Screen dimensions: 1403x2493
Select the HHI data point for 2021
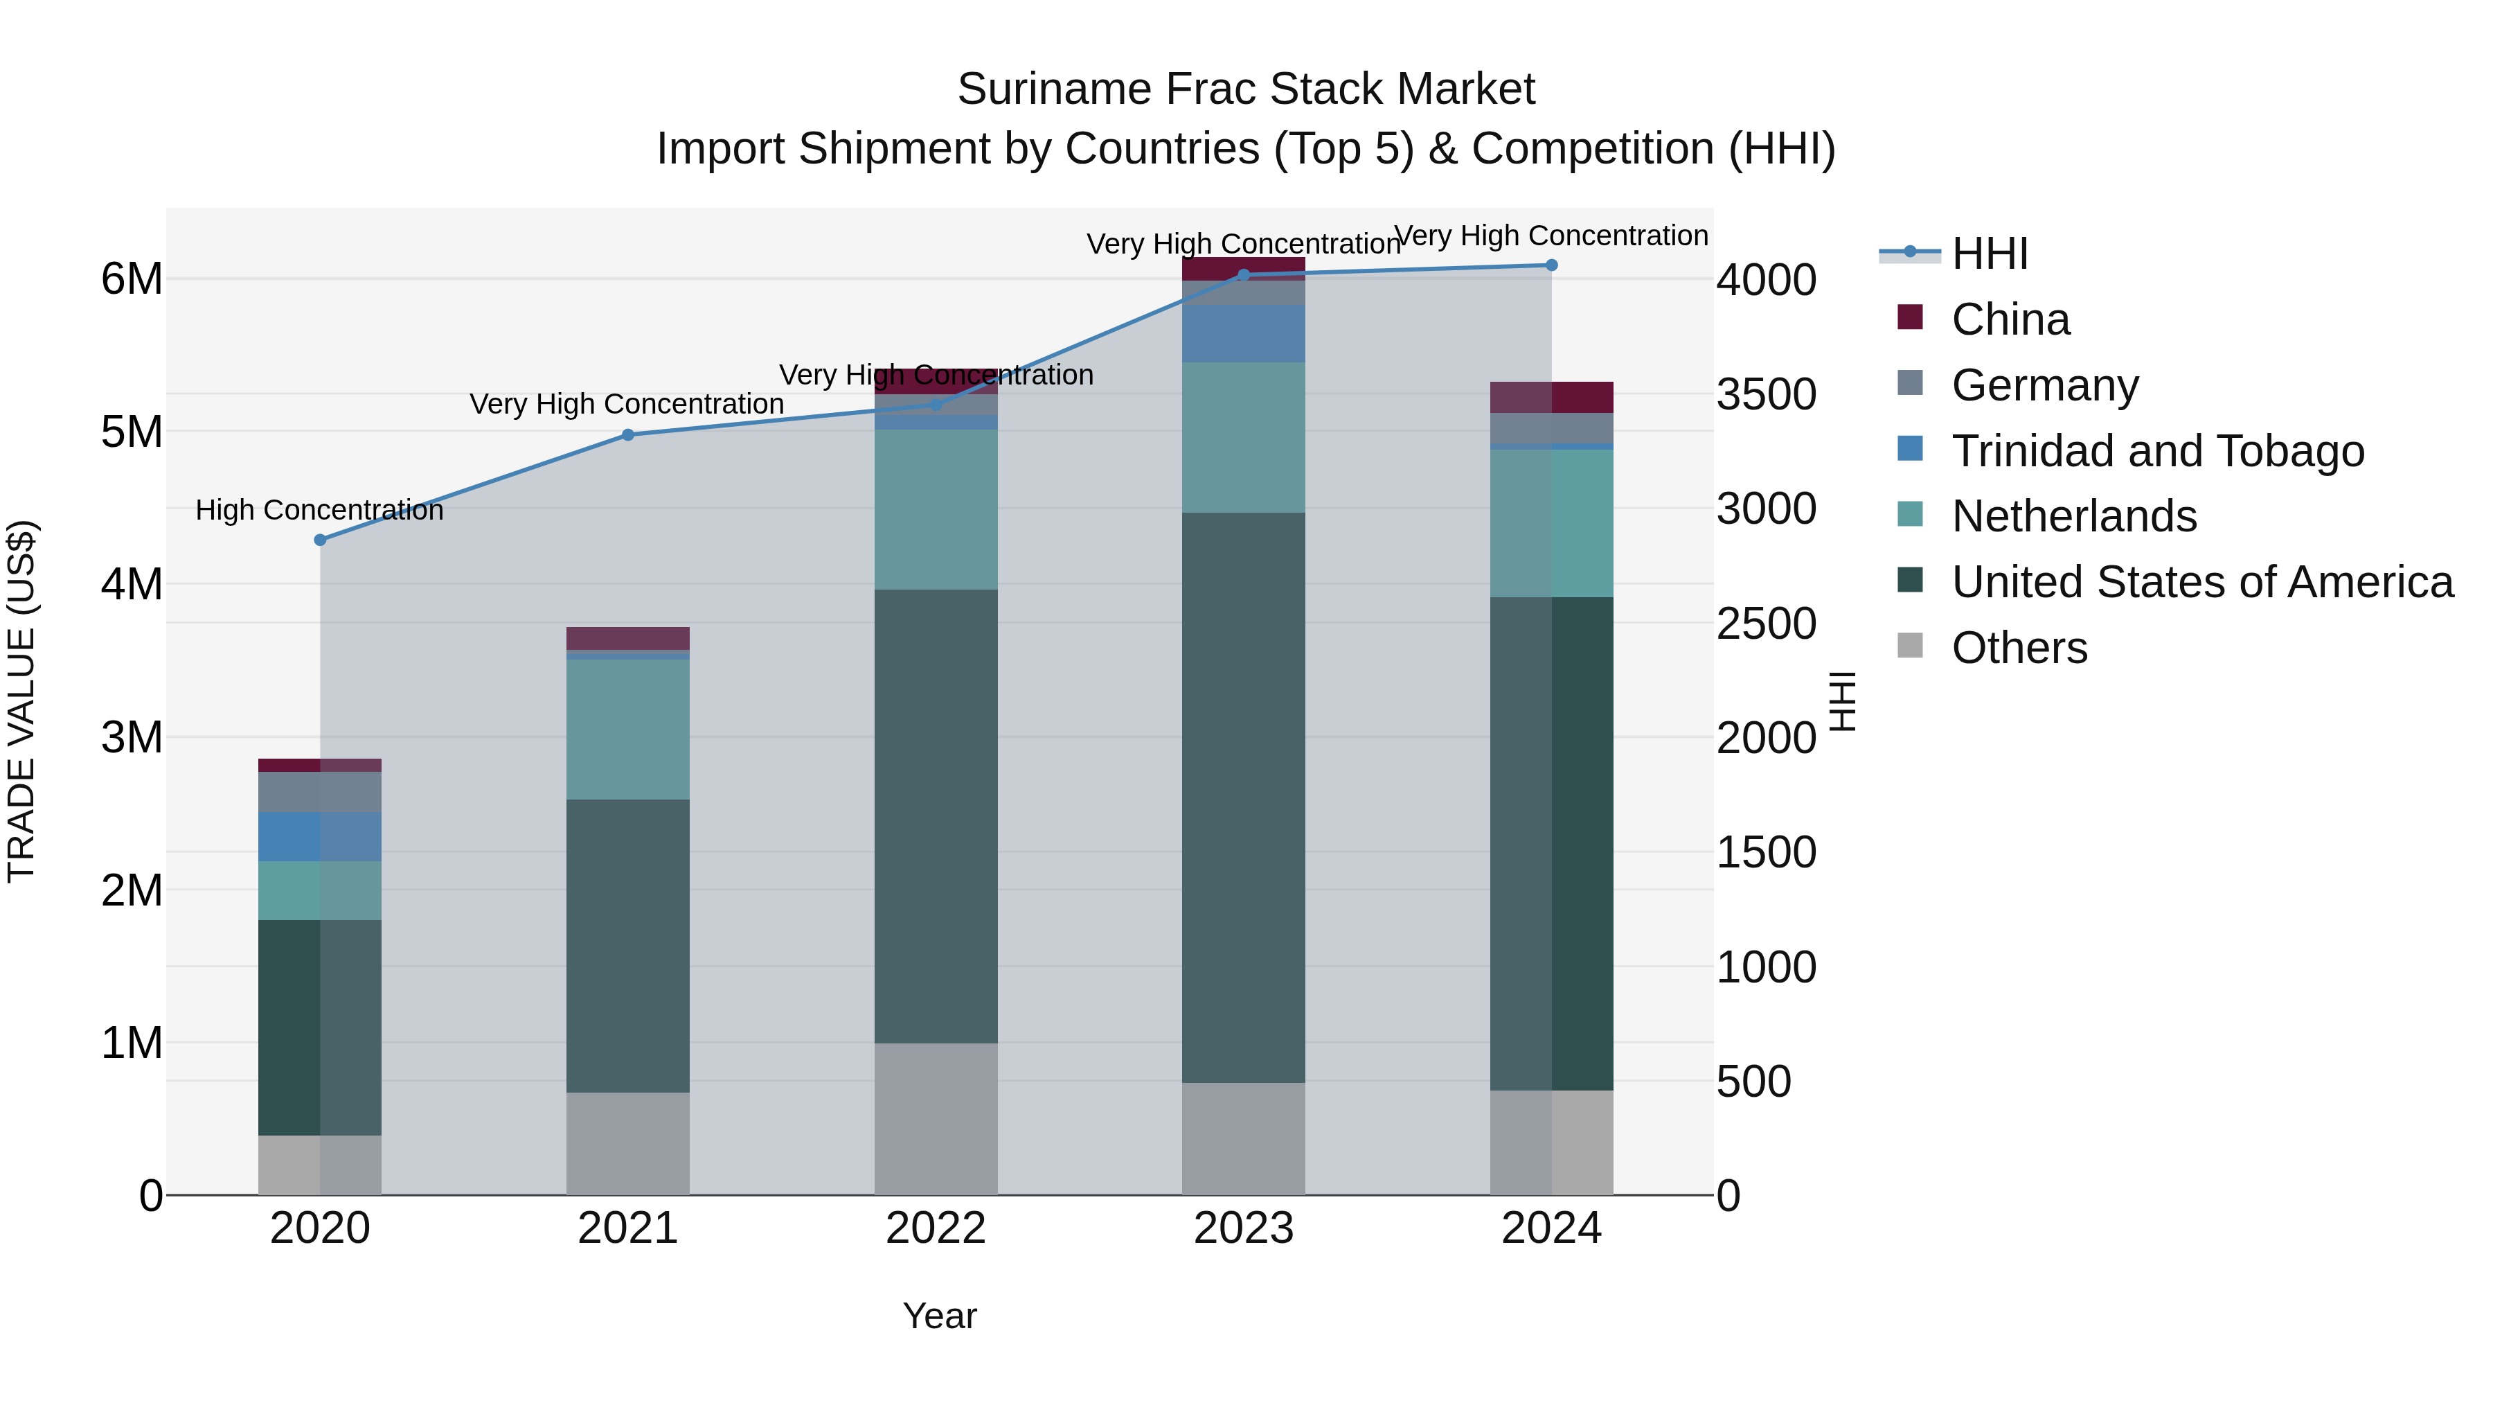tap(627, 434)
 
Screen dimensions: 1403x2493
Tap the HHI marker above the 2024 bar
tap(1551, 265)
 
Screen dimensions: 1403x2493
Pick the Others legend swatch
tap(1911, 645)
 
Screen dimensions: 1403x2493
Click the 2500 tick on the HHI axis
tap(1766, 624)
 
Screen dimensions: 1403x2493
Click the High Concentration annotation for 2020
tap(319, 510)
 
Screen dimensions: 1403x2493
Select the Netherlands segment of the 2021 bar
tap(627, 729)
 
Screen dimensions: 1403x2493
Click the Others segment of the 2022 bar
tap(935, 1118)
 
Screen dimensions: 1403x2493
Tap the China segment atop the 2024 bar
tap(1551, 397)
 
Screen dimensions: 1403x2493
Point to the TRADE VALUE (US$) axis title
tap(21, 701)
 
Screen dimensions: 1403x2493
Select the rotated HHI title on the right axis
tap(1843, 701)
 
